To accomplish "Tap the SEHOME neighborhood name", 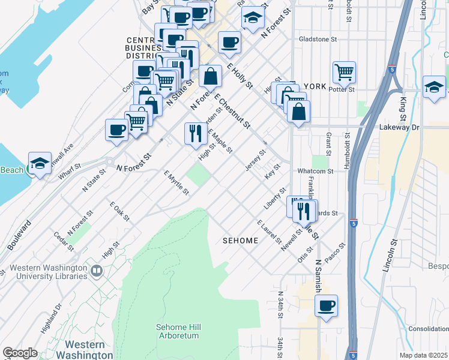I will coord(240,241).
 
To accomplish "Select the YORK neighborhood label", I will coord(315,86).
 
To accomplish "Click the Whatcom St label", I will coord(315,171).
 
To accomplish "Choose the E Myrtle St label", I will coord(176,182).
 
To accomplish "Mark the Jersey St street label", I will coord(256,160).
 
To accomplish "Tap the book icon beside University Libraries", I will coord(95,272).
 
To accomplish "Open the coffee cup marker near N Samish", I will coord(326,305).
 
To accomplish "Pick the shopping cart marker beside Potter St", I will coord(344,72).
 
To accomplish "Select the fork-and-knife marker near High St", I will coord(195,133).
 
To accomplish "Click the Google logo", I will coord(19,353).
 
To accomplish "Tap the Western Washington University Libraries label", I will coord(51,272).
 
